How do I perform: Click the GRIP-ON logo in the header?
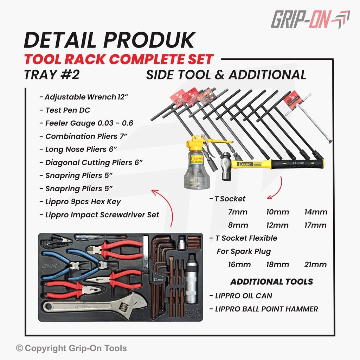pyautogui.click(x=310, y=19)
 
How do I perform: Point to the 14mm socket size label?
pyautogui.click(x=316, y=212)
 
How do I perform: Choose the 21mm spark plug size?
pyautogui.click(x=315, y=264)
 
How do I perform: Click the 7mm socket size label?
pyautogui.click(x=238, y=212)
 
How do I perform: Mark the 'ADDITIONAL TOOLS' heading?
pyautogui.click(x=272, y=282)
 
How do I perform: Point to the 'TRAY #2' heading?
pyautogui.click(x=52, y=75)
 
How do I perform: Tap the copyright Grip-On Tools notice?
pyautogui.click(x=71, y=348)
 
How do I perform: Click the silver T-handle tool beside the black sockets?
pyautogui.click(x=308, y=118)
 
